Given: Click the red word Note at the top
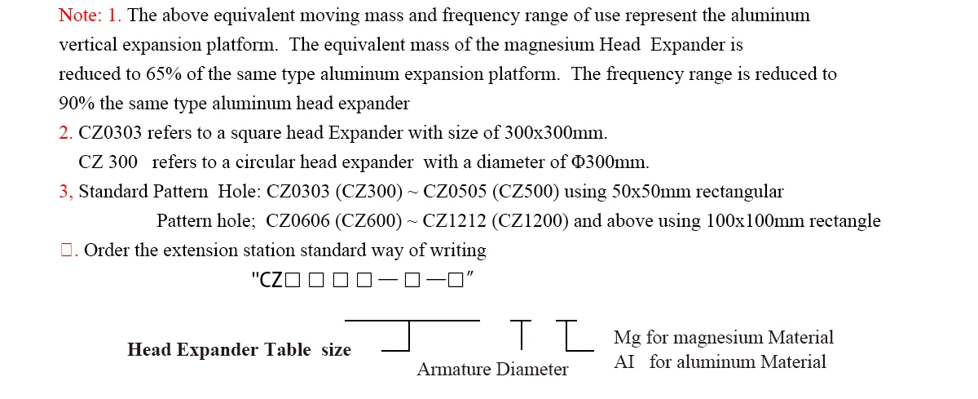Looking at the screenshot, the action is (78, 16).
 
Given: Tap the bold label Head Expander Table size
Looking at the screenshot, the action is (239, 350).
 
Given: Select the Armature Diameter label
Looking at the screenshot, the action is (492, 370).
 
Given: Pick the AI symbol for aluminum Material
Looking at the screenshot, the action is (623, 362).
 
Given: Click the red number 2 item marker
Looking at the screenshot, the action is (65, 133).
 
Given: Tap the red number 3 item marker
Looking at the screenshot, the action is (65, 192).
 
